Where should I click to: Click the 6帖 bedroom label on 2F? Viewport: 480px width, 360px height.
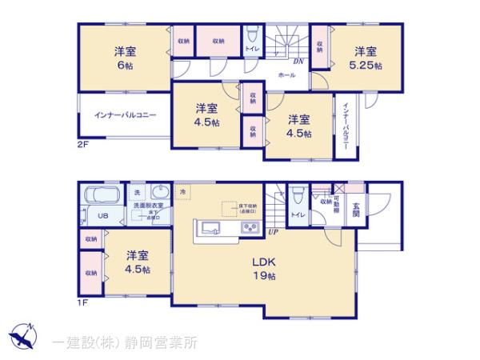point(124,58)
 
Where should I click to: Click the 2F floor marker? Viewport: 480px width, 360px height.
point(83,146)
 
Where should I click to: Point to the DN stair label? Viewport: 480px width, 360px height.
point(297,62)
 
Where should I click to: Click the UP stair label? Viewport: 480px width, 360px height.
point(273,231)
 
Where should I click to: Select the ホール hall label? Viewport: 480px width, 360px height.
point(286,74)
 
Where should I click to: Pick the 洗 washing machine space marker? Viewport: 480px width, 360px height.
point(137,193)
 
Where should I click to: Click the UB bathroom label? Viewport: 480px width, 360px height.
point(102,216)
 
